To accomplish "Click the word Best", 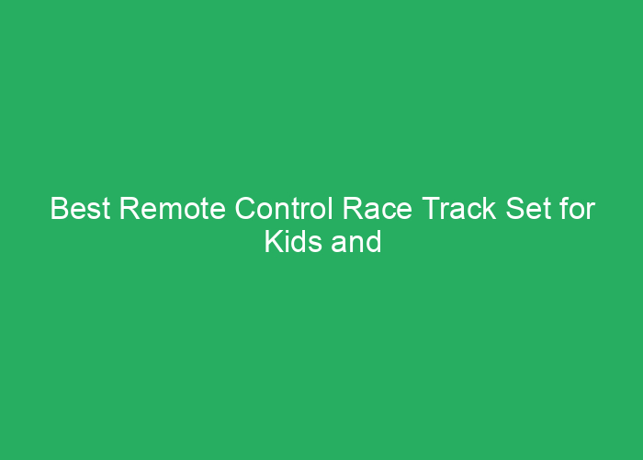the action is (81, 208).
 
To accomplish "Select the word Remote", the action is (173, 208).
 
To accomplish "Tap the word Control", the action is (284, 208).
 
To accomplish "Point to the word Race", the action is (378, 208).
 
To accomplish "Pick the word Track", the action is (459, 208).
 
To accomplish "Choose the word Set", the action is (528, 208).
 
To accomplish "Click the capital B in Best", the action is (60, 208).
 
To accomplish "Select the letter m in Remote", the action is (169, 211).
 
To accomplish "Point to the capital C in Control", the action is (245, 208).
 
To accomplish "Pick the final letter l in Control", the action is (331, 208).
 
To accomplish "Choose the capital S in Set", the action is (516, 208).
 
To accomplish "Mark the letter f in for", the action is (565, 208).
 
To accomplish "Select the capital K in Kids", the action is (274, 241).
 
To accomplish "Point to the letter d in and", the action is (374, 241).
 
